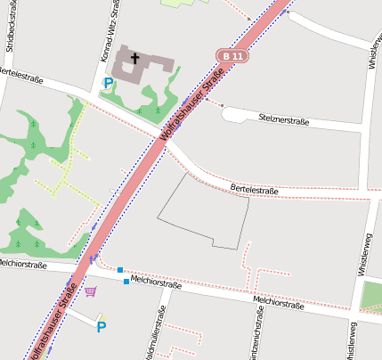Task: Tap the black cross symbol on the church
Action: pos(135,59)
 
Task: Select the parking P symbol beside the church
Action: pos(109,84)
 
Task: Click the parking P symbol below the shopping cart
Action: pos(102,327)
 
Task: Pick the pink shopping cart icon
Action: pos(90,290)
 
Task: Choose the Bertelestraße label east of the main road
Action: pos(255,190)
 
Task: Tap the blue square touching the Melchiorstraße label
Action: pos(126,282)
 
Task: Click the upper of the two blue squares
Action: pos(119,269)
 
